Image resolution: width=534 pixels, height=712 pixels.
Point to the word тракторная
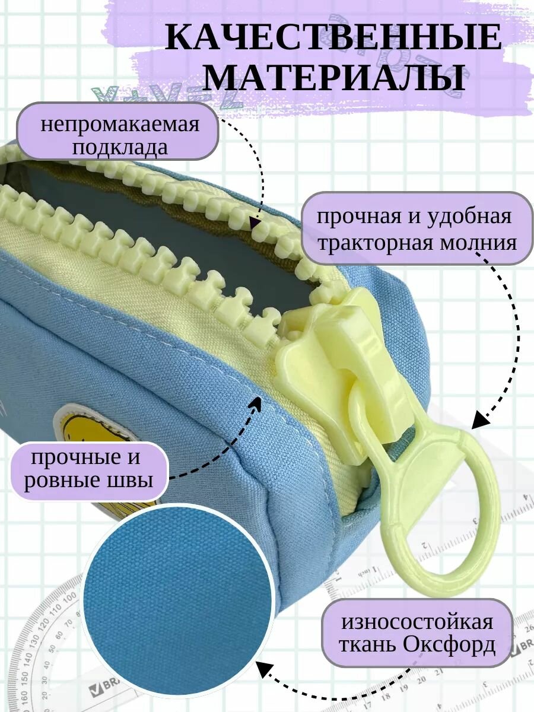click(x=366, y=242)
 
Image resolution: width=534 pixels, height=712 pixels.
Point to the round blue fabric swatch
click(x=178, y=599)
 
